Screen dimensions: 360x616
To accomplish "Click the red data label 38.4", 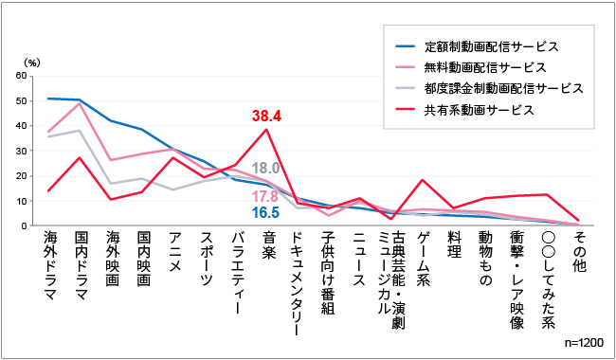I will (267, 117).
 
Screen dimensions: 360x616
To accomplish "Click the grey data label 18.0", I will (264, 169).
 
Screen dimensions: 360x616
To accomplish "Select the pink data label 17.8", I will (264, 196).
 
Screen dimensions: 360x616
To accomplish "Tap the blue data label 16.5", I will (264, 212).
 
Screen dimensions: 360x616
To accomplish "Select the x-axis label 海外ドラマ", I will (50, 267).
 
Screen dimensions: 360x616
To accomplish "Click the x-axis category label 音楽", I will (267, 246).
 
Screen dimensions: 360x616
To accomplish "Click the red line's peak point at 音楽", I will (267, 129).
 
